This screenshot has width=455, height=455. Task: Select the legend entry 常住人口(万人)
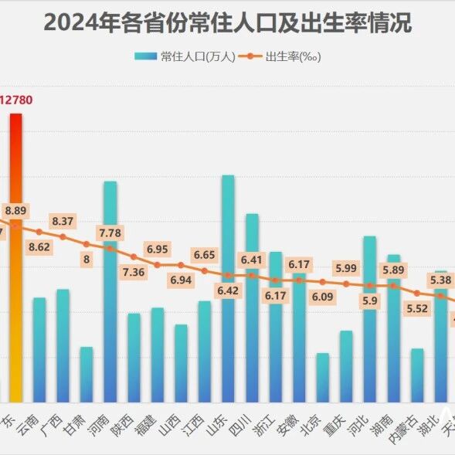[x=185, y=56]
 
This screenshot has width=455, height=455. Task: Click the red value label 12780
[x=16, y=100]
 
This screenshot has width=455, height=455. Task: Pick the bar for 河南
[x=110, y=294]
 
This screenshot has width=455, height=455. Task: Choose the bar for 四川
[x=252, y=309]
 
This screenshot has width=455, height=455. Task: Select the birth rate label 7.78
[x=110, y=233]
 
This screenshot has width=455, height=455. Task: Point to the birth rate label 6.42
[x=228, y=290]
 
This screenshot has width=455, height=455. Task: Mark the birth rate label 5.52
[x=417, y=308]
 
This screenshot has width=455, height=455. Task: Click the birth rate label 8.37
[x=63, y=221]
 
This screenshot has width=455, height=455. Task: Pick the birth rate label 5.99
[x=346, y=268]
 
